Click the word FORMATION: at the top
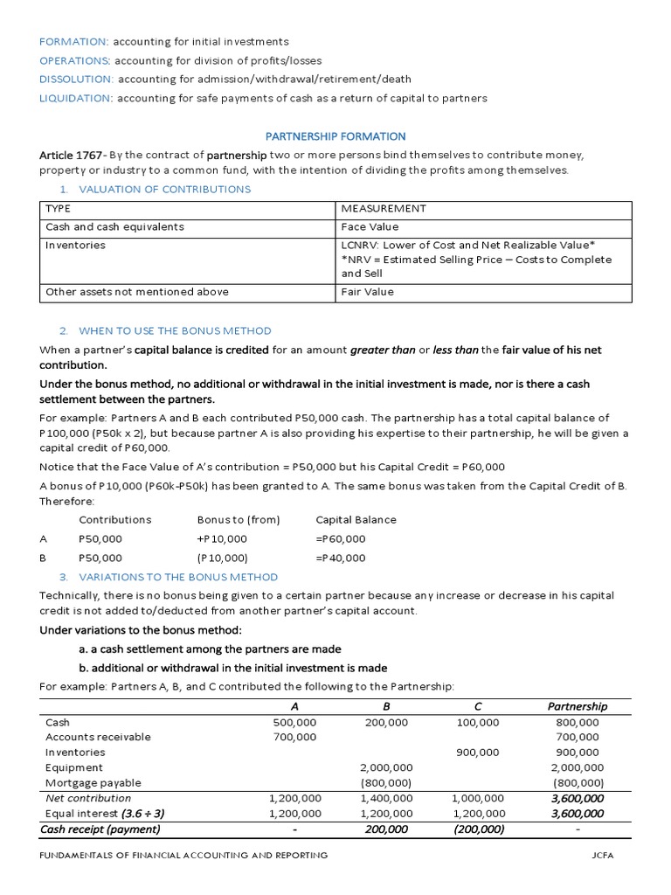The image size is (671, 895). point(74,42)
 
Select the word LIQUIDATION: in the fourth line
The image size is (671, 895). point(76,98)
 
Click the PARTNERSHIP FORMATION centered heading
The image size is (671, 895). point(335,136)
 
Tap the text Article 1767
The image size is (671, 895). point(73,155)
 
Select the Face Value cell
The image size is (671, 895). point(370,226)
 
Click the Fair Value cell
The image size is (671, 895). point(368,292)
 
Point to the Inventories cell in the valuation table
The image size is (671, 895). point(75,246)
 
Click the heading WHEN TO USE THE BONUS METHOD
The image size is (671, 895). point(175,330)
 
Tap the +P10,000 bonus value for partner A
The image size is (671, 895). point(222,538)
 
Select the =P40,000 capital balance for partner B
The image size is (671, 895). point(341,558)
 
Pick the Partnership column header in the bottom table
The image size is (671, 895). point(577,706)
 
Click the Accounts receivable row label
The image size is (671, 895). point(98,737)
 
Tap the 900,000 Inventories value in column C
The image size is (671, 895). point(477,752)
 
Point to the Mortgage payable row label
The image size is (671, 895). point(93,782)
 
